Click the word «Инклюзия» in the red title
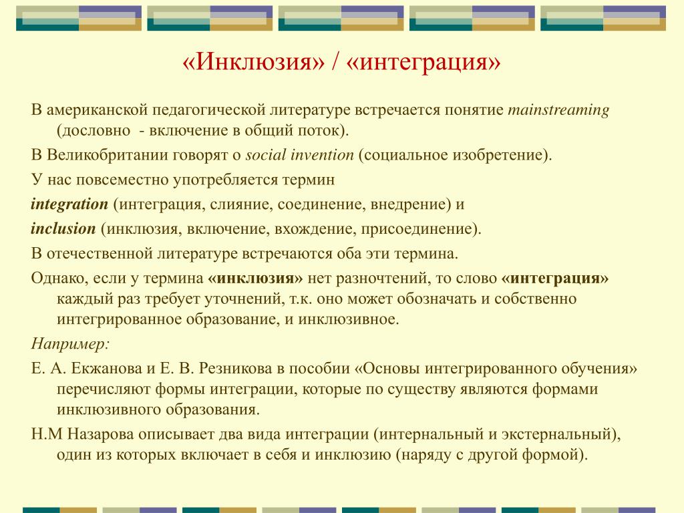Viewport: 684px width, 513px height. [253, 61]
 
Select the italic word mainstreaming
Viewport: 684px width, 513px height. [558, 110]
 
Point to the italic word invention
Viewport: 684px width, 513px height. [322, 155]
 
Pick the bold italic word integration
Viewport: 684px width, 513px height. [69, 204]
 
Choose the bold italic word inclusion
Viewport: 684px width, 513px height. [63, 228]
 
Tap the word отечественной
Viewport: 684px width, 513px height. [99, 254]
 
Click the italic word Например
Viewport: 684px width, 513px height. [69, 345]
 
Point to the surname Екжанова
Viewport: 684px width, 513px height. [106, 369]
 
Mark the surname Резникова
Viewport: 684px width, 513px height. [236, 369]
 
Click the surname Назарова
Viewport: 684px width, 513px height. [100, 434]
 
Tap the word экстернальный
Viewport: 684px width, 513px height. [556, 434]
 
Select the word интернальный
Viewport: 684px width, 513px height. [432, 434]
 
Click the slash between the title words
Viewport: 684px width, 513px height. [335, 62]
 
